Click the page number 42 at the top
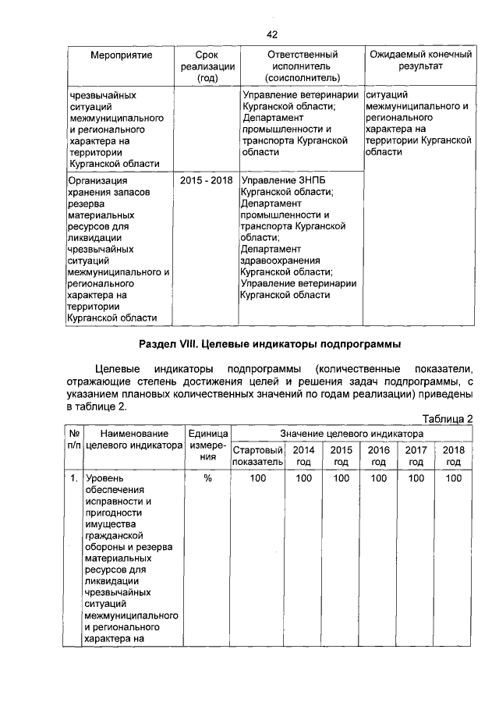coord(272,34)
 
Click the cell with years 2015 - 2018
coord(207,180)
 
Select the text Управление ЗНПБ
coord(281,180)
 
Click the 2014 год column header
coord(303,456)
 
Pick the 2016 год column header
coord(378,456)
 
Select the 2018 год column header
coord(453,456)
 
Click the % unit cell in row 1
coord(207,477)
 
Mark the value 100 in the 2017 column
coord(416,477)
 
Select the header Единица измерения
coord(207,445)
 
